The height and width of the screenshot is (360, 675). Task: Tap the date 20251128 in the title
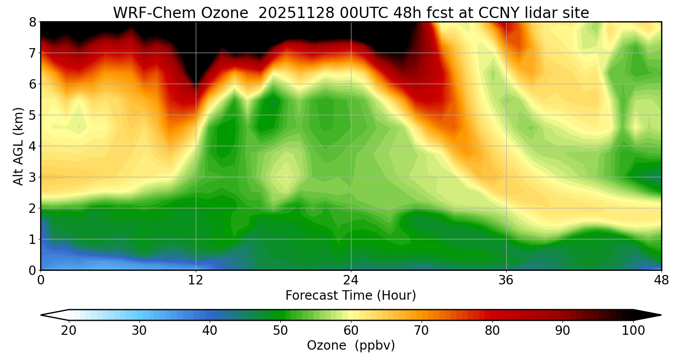[297, 13]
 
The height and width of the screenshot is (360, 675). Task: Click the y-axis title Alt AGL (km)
[18, 146]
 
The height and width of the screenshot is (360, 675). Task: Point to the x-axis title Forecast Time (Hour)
[351, 296]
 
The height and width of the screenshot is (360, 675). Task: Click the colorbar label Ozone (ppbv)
[351, 346]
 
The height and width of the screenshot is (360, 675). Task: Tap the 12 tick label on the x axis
[196, 280]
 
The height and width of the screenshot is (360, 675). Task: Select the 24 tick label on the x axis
[351, 280]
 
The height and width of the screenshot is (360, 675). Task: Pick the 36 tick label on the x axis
[506, 280]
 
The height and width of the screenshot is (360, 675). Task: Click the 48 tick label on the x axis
[661, 280]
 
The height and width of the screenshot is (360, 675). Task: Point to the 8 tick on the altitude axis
[32, 22]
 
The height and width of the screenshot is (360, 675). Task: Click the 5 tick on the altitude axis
[32, 115]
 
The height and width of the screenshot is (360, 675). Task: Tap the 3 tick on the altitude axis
[32, 177]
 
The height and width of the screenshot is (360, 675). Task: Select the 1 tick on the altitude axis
[32, 239]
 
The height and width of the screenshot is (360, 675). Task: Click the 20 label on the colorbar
[69, 331]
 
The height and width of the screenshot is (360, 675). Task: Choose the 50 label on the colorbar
[280, 331]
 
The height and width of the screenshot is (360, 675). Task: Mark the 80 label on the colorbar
[492, 331]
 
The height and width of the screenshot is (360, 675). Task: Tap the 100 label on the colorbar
[633, 331]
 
